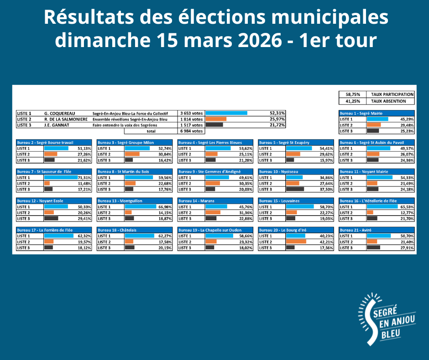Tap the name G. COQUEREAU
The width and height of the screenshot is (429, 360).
coord(60,113)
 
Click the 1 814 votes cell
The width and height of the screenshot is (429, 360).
coord(191,119)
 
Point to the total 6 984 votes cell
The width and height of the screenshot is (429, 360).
coord(191,131)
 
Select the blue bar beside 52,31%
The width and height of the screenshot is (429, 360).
coord(227,113)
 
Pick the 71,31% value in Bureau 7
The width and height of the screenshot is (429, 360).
coord(84,178)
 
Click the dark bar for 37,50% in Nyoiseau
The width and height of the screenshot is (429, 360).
coord(295,189)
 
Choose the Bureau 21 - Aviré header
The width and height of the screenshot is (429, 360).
coord(354,230)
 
